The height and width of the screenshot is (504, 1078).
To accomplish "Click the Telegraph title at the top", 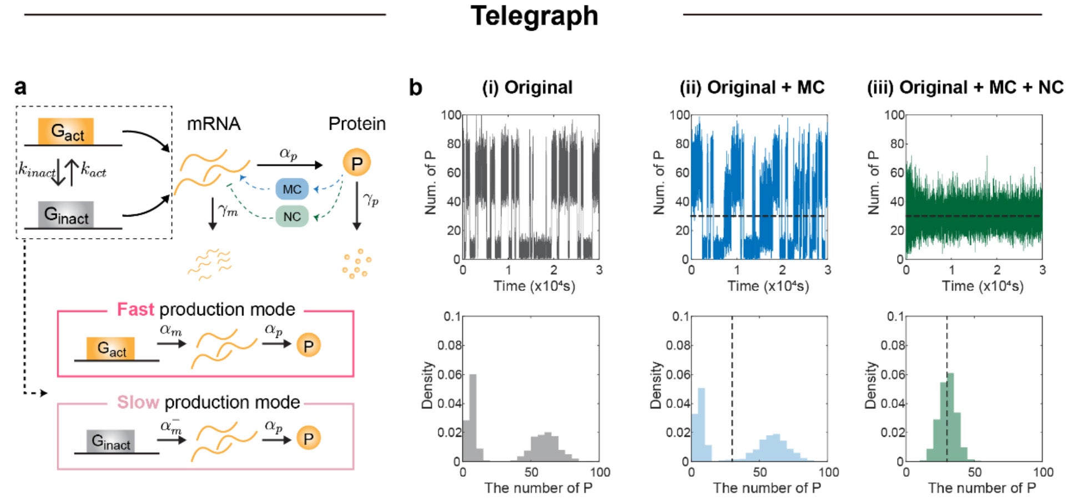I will (x=534, y=16).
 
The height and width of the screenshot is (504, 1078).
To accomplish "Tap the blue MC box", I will (x=292, y=189).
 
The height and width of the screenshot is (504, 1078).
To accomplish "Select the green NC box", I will (x=292, y=216).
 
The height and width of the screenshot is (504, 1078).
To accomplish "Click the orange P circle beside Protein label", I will (x=356, y=163).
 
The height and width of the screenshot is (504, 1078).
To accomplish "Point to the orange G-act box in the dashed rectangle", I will (x=66, y=132).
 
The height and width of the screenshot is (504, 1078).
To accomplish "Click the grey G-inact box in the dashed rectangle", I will (x=66, y=215).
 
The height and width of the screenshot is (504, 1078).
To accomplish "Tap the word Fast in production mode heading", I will (x=135, y=309).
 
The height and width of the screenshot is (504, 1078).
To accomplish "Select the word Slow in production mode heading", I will (x=138, y=402).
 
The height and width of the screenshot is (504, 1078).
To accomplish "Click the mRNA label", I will (x=214, y=123).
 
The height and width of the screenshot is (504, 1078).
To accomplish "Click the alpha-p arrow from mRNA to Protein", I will (x=289, y=164).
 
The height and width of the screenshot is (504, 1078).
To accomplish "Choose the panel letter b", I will (x=415, y=88).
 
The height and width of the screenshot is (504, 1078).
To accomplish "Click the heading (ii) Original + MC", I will (x=752, y=88).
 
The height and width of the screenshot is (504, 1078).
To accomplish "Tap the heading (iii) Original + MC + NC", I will (x=965, y=88).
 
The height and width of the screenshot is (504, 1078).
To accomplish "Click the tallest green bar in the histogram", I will (x=950, y=416).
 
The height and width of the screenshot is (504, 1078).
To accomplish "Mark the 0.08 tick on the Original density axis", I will (x=449, y=345).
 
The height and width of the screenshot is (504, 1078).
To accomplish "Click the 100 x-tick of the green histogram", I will (x=1043, y=472).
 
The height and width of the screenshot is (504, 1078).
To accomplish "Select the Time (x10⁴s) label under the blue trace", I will (x=768, y=286).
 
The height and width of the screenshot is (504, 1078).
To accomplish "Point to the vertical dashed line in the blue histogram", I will (x=732, y=389).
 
